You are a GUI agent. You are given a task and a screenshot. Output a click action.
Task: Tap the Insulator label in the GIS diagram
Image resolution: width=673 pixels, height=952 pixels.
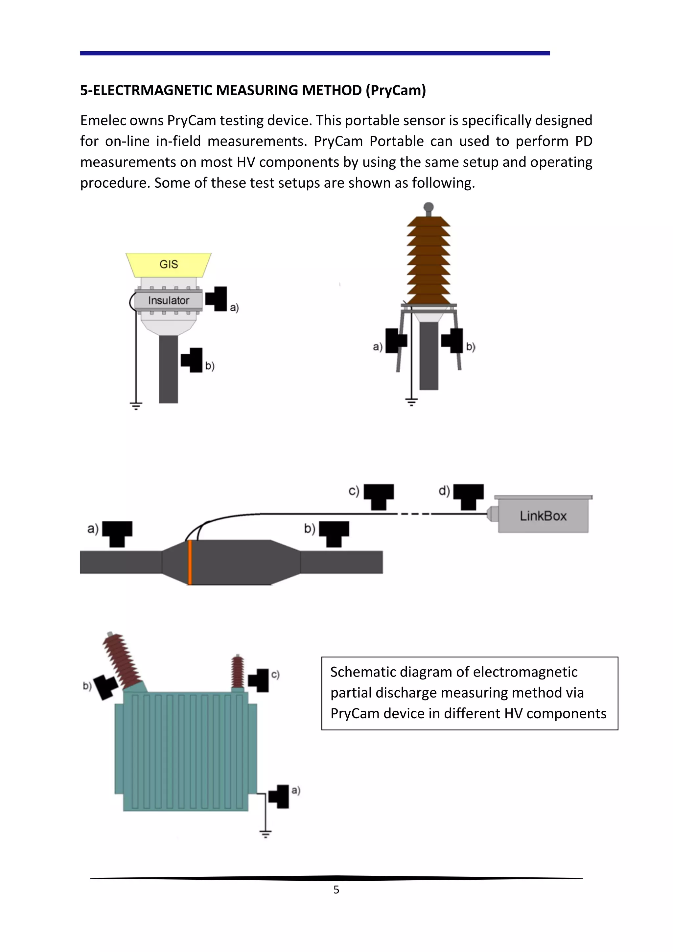click(x=168, y=300)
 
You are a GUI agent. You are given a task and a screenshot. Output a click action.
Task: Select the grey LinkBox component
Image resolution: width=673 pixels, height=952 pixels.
click(x=543, y=515)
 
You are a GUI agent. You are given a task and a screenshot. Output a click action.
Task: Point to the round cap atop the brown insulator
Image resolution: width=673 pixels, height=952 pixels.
click(x=429, y=207)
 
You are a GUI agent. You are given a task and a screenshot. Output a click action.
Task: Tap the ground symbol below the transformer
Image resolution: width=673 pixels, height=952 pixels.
click(x=265, y=833)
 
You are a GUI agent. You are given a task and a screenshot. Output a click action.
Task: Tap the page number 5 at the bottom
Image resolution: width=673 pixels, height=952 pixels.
click(x=336, y=890)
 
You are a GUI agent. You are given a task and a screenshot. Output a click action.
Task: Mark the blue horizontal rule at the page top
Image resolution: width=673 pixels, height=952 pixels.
click(x=314, y=53)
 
